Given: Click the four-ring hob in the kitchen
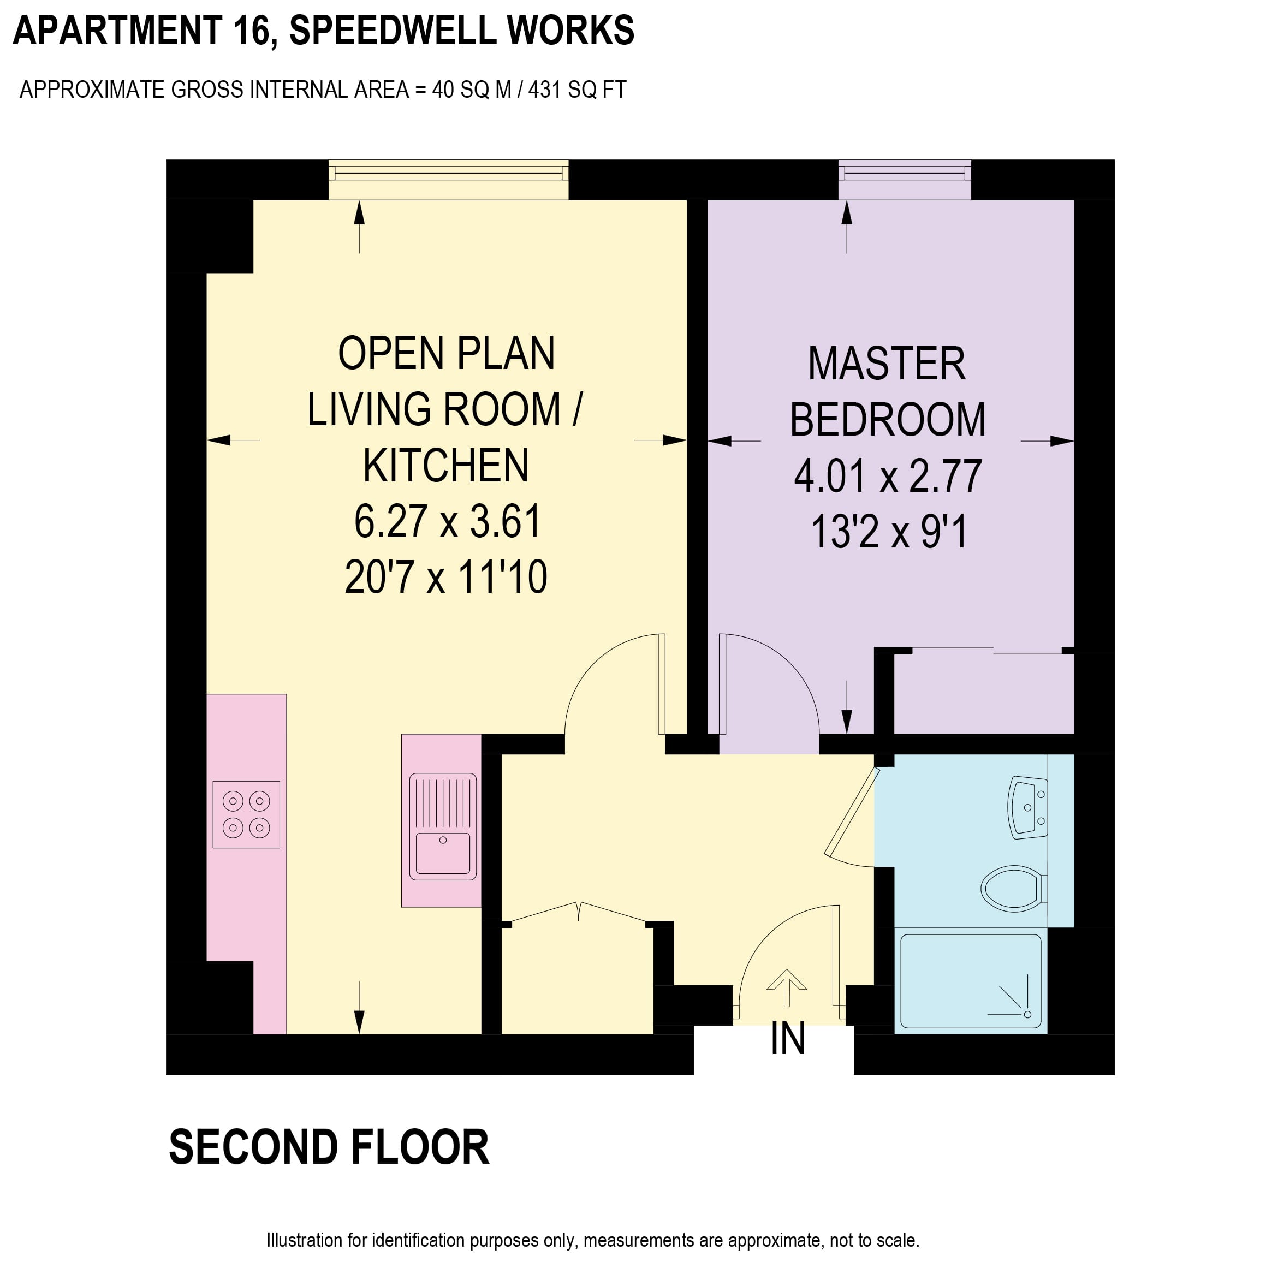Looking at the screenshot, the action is point(247,814).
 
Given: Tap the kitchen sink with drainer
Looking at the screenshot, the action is point(443,826).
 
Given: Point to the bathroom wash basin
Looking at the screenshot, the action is point(1028,808).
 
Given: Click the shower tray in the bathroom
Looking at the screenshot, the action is point(971,981).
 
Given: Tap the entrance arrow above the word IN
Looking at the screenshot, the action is point(787,988).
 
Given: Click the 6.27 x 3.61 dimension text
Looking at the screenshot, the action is point(447,522).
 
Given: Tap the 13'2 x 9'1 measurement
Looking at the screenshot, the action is point(889,532).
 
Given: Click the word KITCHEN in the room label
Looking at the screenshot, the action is point(446,466).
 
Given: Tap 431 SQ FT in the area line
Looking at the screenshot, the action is point(577,90).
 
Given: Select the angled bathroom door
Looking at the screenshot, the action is point(852,812).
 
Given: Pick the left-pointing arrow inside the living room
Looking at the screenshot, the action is point(233,440).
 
